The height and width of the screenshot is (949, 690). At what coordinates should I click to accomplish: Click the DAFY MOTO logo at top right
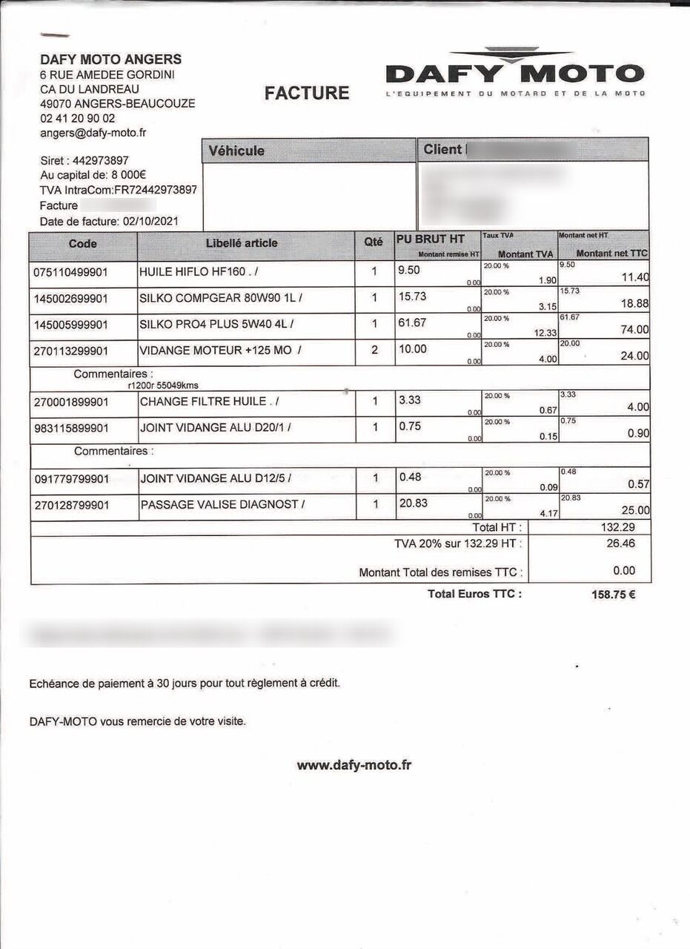(515, 73)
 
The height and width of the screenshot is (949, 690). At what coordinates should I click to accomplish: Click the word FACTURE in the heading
(307, 93)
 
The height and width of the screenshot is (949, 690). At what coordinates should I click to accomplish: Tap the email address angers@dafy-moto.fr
(93, 133)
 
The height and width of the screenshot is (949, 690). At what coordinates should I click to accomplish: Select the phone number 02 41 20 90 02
(78, 118)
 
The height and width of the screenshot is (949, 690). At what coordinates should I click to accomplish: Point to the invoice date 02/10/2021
(150, 221)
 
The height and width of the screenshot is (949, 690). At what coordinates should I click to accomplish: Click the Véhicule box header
(236, 151)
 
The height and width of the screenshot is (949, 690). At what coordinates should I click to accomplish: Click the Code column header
(83, 243)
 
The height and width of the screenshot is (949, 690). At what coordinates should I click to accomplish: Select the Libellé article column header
(242, 243)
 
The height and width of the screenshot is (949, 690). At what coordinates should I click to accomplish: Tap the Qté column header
(374, 242)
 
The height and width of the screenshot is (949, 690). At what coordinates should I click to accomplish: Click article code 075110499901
(71, 272)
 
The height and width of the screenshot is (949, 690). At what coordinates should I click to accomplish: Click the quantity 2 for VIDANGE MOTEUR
(374, 350)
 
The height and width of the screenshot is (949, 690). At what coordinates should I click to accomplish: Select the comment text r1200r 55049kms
(163, 386)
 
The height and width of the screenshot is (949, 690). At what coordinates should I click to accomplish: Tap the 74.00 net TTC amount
(635, 330)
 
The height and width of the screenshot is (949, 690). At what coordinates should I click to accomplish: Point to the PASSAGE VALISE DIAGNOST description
(219, 505)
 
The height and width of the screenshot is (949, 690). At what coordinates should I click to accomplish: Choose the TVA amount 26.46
(621, 543)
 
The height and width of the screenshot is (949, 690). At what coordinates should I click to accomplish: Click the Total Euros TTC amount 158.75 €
(613, 594)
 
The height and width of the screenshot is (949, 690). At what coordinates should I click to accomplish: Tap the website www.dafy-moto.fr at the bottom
(354, 765)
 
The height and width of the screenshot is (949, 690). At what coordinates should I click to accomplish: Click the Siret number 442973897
(101, 160)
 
